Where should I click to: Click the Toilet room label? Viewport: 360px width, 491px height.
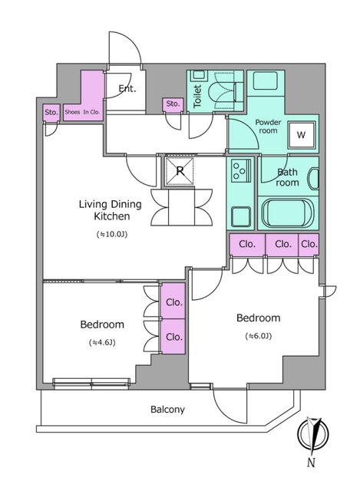(197, 97)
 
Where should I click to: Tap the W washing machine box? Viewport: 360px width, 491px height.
(301, 135)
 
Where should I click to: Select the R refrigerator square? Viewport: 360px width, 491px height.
(180, 170)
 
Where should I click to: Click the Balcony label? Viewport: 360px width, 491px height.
(167, 409)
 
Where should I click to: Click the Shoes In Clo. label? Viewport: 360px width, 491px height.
(82, 112)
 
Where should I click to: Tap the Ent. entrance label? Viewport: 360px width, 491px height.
(127, 89)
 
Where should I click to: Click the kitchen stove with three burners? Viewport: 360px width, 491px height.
(241, 170)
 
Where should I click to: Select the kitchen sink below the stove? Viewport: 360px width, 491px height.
(241, 216)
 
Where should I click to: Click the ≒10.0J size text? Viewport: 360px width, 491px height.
(112, 234)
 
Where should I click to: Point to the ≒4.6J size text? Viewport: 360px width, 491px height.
(102, 343)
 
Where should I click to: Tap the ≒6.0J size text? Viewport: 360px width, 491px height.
(258, 336)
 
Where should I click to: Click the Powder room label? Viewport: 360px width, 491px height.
(268, 126)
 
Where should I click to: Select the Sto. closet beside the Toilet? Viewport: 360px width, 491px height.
(173, 104)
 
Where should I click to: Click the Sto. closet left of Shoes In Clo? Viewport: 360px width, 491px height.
(51, 113)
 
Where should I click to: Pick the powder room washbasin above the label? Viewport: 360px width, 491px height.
(266, 81)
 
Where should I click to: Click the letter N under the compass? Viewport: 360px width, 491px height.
(311, 462)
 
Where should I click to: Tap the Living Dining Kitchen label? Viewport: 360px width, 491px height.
(111, 210)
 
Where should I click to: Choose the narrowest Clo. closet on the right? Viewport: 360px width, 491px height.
(309, 244)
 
